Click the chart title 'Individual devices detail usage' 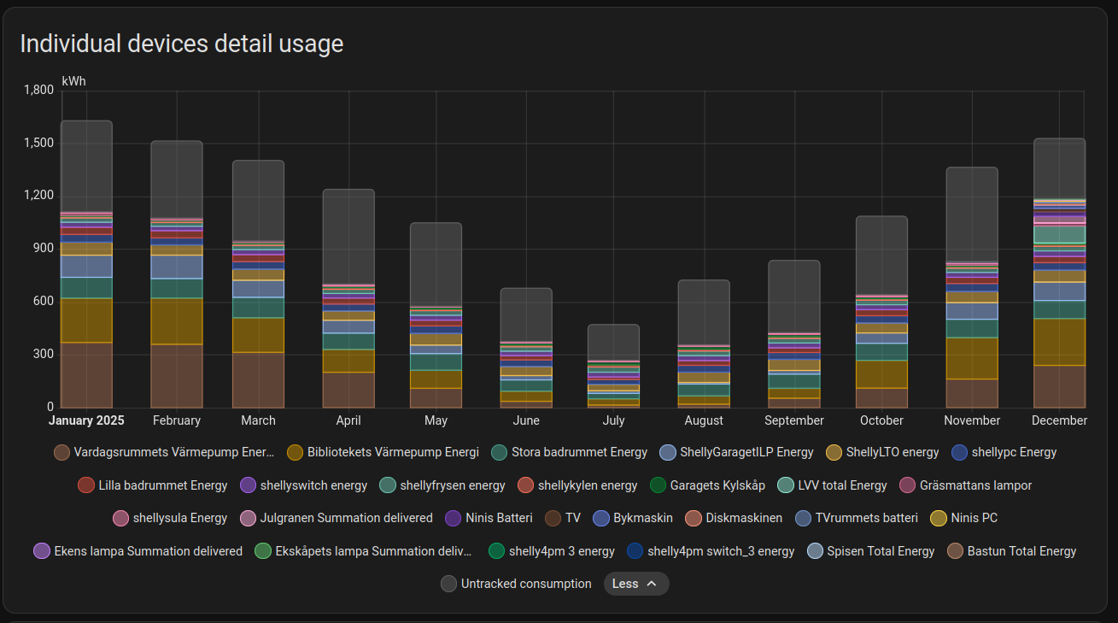pyautogui.click(x=181, y=44)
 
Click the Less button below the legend pyautogui.click(x=635, y=584)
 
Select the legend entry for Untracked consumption pyautogui.click(x=516, y=584)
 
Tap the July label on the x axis pyautogui.click(x=613, y=420)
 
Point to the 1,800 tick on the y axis pyautogui.click(x=38, y=90)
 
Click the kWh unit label pyautogui.click(x=73, y=81)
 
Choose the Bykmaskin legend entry pyautogui.click(x=633, y=518)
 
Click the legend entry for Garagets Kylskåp pyautogui.click(x=707, y=485)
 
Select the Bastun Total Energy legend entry pyautogui.click(x=1011, y=551)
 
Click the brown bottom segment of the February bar pyautogui.click(x=177, y=376)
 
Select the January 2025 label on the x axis pyautogui.click(x=86, y=420)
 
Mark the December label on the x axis pyautogui.click(x=1059, y=420)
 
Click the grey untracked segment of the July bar pyautogui.click(x=613, y=342)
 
